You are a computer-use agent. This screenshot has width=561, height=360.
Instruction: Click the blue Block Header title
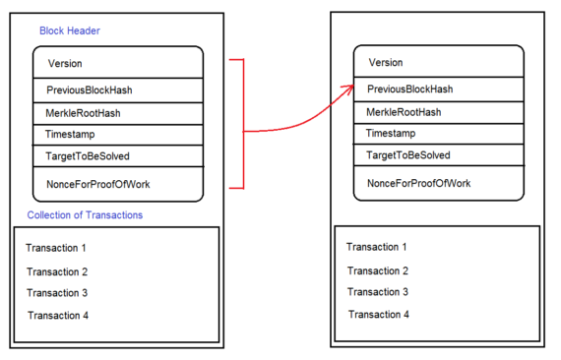(x=69, y=30)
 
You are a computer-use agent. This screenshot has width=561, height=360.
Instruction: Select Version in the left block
(x=65, y=64)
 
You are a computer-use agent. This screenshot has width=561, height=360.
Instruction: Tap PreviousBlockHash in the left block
(x=89, y=90)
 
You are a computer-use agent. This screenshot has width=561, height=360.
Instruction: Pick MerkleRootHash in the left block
(x=83, y=113)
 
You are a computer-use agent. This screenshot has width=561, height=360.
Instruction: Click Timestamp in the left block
(x=70, y=134)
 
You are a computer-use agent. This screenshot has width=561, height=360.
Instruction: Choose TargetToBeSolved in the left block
(x=87, y=156)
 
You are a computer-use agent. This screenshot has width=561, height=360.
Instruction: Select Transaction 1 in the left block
(x=57, y=248)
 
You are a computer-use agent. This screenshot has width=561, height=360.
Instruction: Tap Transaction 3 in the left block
(x=57, y=293)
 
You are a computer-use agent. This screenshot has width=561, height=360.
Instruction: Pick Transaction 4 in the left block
(x=58, y=315)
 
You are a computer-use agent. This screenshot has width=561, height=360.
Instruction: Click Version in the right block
(x=386, y=63)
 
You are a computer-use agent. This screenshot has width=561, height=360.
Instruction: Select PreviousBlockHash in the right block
(x=409, y=90)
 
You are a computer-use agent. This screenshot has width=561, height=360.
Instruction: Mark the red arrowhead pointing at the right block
(x=349, y=90)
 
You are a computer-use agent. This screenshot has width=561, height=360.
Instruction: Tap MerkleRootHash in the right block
(x=404, y=112)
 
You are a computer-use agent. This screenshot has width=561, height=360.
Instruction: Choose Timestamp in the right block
(x=391, y=133)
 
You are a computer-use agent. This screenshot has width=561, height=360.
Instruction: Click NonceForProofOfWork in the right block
(x=418, y=184)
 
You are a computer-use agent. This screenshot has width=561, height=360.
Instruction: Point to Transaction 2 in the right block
(x=377, y=270)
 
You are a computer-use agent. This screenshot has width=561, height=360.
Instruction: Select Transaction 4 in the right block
(x=378, y=314)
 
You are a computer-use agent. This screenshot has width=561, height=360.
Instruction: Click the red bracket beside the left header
(x=241, y=123)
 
